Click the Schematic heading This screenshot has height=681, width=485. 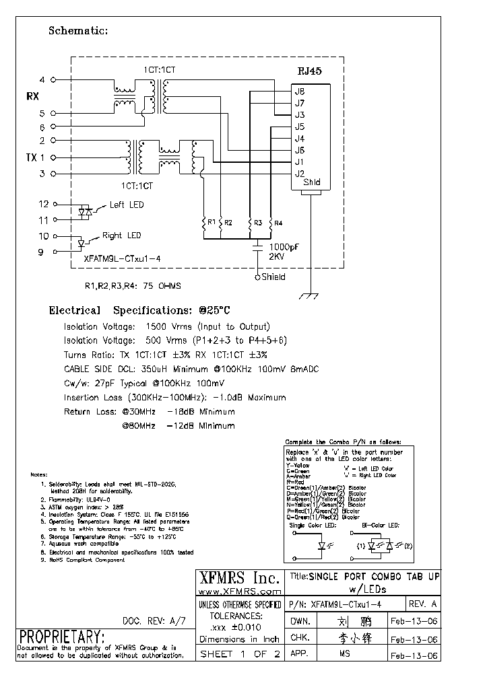pos(78,31)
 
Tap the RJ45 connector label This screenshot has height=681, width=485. pos(311,71)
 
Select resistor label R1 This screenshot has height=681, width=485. pos(212,221)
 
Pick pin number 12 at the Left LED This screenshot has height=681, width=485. pos(44,204)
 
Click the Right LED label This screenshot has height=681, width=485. pos(121,236)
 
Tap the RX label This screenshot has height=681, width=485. pos(32,96)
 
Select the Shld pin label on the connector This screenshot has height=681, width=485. pos(312,182)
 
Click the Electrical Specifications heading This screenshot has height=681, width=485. pos(139,311)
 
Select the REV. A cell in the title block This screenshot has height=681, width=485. pos(423,604)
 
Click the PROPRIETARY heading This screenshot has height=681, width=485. pos(61,637)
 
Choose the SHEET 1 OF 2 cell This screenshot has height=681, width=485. pos(239,654)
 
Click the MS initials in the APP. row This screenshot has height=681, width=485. pos(344,654)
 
